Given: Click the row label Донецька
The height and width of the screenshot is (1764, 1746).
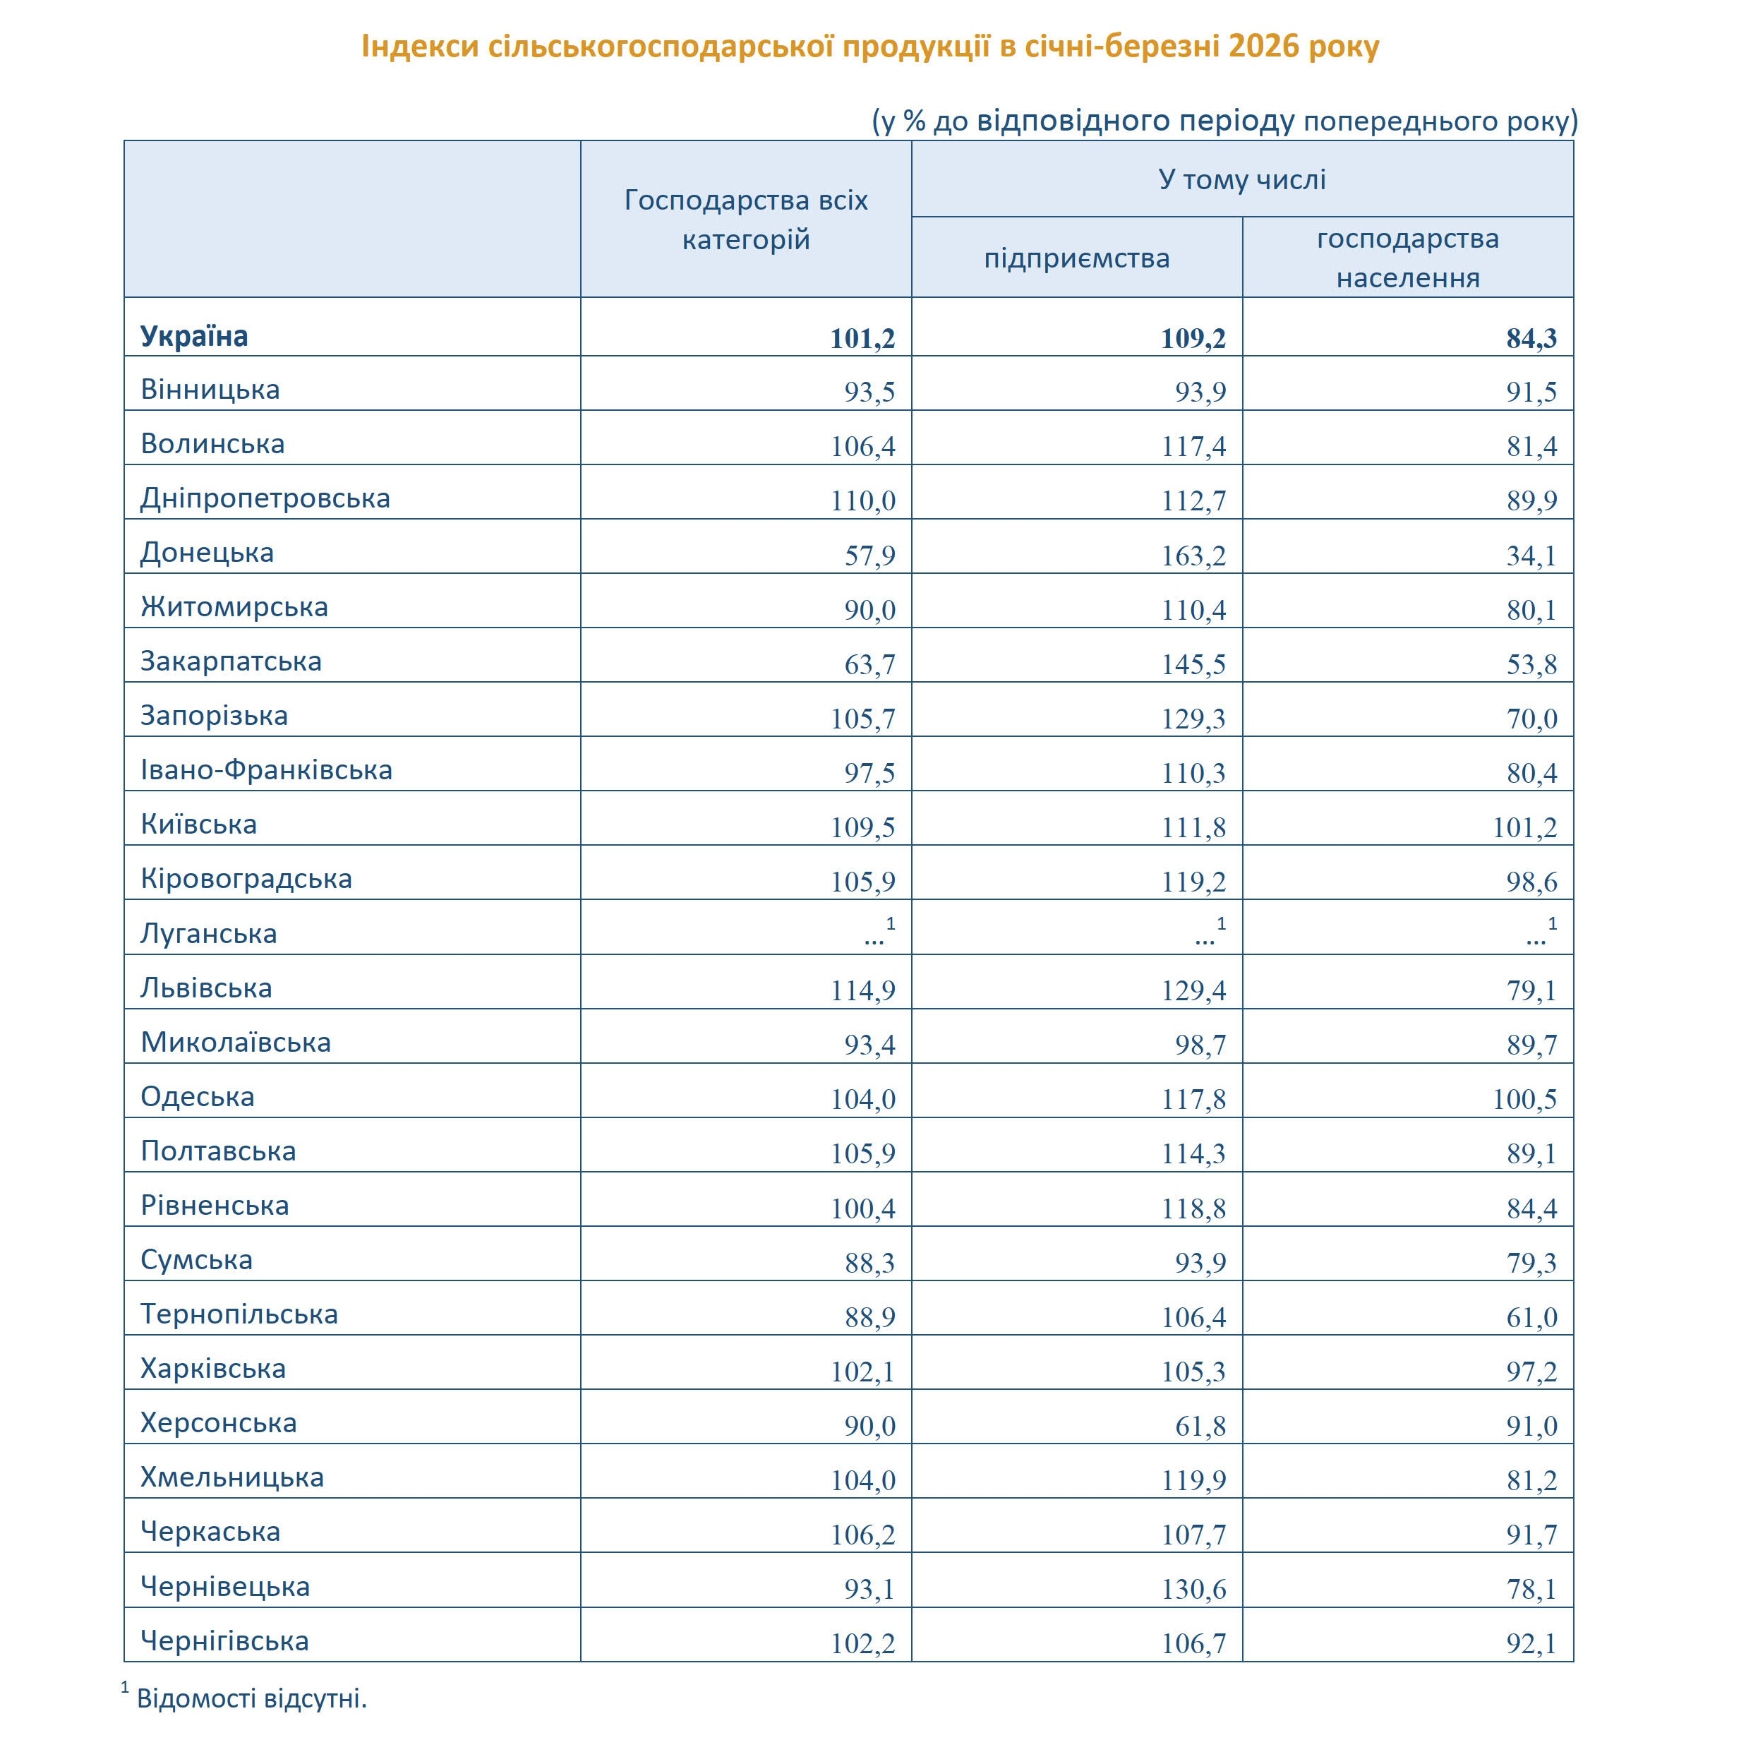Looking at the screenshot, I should tap(207, 553).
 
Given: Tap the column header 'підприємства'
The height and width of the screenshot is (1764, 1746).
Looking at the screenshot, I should tap(1076, 258).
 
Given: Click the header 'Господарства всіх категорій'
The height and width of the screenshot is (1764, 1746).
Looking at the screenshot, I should tap(746, 220).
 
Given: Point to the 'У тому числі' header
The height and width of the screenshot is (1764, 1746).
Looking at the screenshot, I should tap(1241, 179).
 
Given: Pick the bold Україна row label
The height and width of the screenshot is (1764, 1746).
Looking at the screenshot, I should tap(193, 337).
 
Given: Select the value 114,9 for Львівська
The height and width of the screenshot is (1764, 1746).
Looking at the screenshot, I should tap(862, 990).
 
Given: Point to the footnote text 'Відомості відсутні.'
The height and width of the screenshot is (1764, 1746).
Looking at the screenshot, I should tap(252, 1699).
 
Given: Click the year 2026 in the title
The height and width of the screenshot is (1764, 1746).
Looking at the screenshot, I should tap(1263, 46).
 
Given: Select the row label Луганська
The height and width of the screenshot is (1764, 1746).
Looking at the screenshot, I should tap(208, 934).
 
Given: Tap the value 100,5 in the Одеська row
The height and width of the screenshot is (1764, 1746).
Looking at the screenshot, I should tap(1524, 1099).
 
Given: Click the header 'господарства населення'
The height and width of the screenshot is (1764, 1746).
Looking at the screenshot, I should tap(1407, 258).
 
